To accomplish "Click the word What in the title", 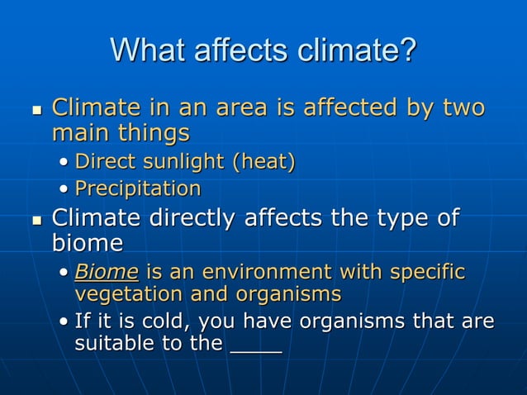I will [146, 51].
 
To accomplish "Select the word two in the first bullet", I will [464, 108].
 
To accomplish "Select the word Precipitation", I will [138, 188].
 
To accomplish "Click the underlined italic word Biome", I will [106, 272].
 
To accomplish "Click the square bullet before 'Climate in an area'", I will [36, 110].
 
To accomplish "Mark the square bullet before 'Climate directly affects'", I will [36, 221].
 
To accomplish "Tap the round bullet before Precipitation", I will [64, 189].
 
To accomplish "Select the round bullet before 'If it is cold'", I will [64, 322].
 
